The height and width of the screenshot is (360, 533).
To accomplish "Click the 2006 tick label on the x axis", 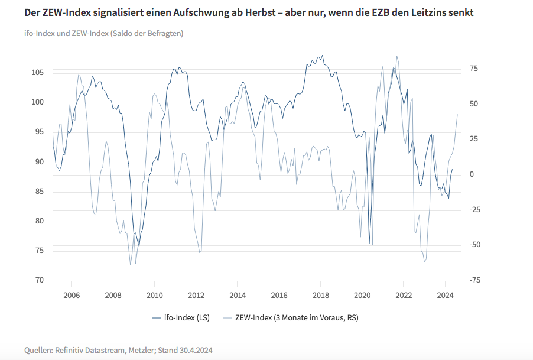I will point(71,295).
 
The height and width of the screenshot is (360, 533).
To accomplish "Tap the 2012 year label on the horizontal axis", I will point(196,295).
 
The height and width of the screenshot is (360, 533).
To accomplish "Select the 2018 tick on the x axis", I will point(320,295).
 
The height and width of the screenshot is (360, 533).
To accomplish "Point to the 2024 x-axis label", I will point(445,295).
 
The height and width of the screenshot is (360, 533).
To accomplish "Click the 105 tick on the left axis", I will point(37,73).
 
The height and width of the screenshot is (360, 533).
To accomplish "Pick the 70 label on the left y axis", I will point(40,281).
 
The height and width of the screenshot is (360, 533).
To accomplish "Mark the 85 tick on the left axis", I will point(40,192).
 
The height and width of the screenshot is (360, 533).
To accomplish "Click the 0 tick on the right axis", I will point(472,174).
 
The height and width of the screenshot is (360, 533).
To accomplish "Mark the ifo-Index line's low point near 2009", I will point(139,246).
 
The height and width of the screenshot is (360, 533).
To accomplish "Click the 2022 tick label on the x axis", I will point(404,295).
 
